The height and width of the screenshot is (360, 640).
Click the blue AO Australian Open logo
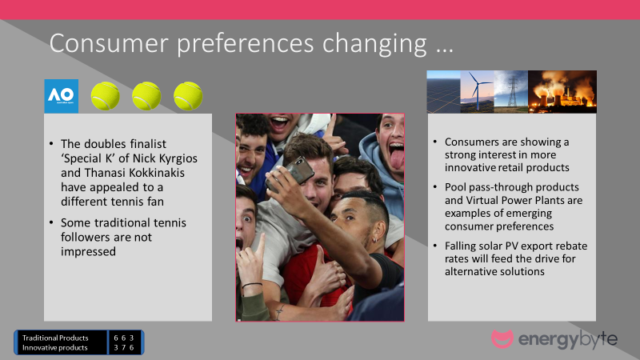(x=62, y=96)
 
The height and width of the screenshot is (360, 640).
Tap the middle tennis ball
(x=146, y=96)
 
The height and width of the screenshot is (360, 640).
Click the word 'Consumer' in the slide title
(x=109, y=43)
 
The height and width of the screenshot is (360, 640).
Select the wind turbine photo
(x=477, y=92)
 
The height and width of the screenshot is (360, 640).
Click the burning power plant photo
(x=562, y=92)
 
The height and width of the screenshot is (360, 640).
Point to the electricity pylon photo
(x=511, y=92)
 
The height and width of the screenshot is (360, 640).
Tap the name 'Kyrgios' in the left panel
(x=178, y=158)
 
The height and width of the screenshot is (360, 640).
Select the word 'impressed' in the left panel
(x=88, y=252)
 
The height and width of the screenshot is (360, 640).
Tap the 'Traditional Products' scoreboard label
(x=55, y=338)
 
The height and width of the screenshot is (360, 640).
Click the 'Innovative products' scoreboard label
(x=54, y=348)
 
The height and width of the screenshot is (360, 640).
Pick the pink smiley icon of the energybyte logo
(x=502, y=338)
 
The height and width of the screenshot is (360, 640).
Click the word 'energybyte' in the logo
(x=568, y=339)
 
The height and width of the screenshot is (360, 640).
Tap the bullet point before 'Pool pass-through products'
(x=435, y=187)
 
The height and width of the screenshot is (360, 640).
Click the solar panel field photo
(x=444, y=92)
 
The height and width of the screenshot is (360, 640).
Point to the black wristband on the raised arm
(x=252, y=285)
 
